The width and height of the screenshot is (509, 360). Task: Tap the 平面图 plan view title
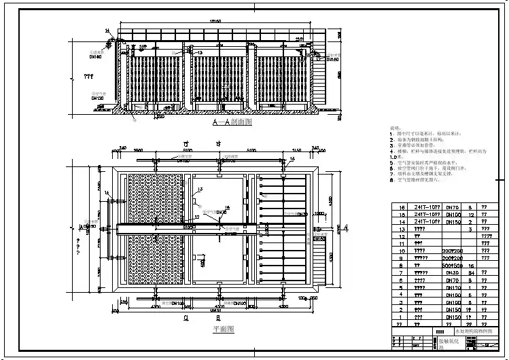pyautogui.click(x=223, y=329)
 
